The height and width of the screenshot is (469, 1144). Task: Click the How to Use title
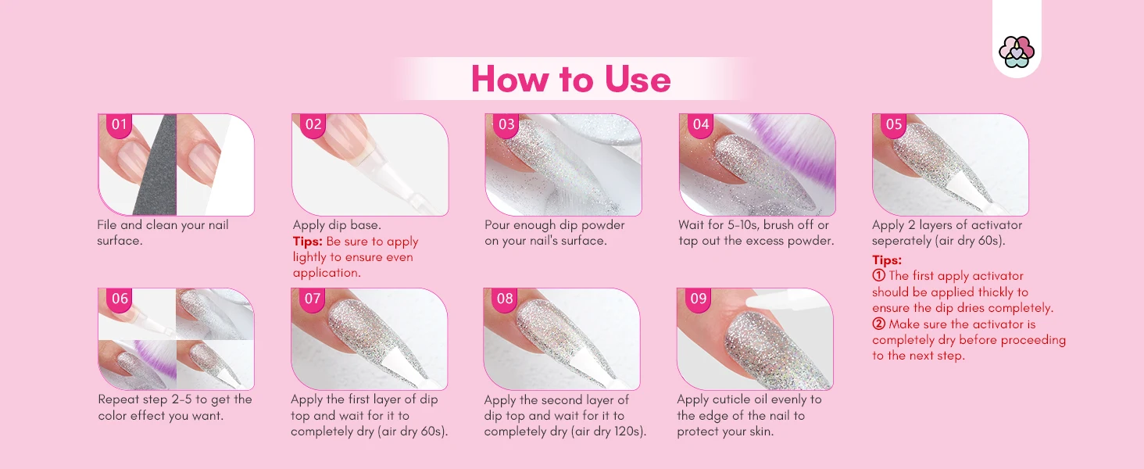point(570,79)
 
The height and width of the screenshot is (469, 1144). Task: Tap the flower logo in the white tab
point(1017,52)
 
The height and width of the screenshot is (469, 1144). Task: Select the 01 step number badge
point(119,124)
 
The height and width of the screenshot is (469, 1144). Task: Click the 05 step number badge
point(894,124)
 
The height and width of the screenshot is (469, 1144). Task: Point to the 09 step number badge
point(698,299)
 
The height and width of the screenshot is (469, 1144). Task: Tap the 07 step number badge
point(313,299)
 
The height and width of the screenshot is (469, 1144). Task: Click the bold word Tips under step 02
point(307,241)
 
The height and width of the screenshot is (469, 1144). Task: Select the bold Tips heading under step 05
point(887,260)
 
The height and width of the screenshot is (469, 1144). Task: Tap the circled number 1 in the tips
point(878,276)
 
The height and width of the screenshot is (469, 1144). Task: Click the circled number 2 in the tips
point(878,324)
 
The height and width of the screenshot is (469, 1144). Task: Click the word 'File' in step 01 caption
point(107,225)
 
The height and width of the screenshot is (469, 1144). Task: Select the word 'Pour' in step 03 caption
point(498,225)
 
